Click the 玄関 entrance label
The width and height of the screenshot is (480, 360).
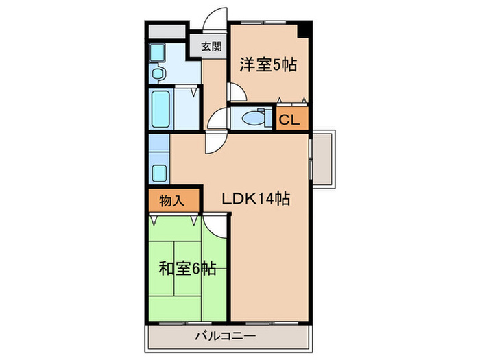211,47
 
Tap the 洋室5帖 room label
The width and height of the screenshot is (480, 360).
267,66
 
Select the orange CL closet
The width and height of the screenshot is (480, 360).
289,119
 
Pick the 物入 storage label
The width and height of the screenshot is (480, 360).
173,202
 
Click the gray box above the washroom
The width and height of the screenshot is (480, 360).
167,32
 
